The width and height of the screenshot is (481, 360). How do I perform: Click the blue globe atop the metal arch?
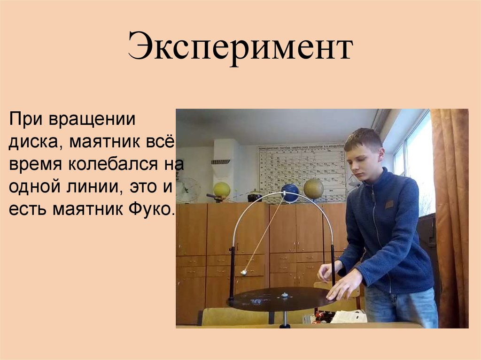click(x=290, y=193)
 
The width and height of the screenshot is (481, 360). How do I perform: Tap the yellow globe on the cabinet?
click(x=221, y=190)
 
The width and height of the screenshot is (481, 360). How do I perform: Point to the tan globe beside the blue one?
click(x=313, y=189)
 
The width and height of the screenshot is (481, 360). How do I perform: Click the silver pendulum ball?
click(x=244, y=272)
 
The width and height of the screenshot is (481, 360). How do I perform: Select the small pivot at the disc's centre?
click(x=284, y=295)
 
